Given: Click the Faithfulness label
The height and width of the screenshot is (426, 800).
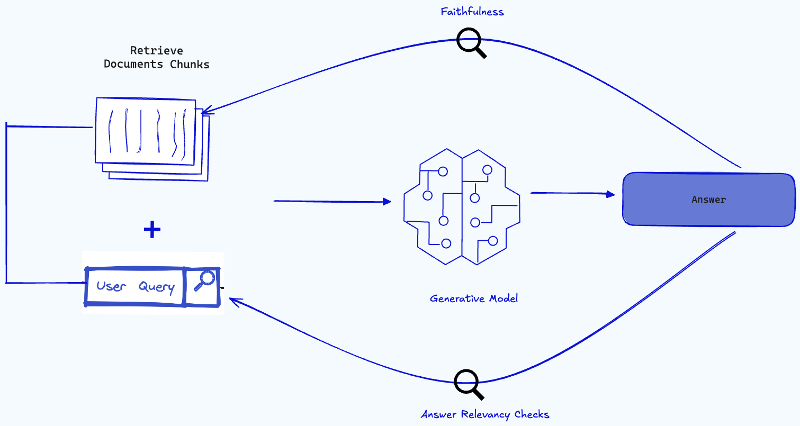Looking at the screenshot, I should coord(472,11).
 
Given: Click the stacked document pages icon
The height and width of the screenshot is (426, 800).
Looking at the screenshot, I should coord(151,137).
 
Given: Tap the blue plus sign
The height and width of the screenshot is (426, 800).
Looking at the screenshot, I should coord(152,230).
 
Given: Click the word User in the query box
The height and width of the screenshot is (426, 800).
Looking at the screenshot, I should coord(111,287).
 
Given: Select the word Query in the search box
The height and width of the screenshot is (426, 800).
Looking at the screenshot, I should coord(156,287).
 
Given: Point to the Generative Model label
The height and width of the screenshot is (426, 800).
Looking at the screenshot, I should coord(474,298).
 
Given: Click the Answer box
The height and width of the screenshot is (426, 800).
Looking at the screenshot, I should coord(708,200).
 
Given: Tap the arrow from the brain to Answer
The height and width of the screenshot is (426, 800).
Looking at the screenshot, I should coord(572,194).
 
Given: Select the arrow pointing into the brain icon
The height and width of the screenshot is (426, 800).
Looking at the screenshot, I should coord(332,202).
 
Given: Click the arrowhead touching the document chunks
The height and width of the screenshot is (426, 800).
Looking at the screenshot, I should coord(205,111).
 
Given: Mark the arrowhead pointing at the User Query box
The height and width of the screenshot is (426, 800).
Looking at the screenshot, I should coord(233,301).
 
